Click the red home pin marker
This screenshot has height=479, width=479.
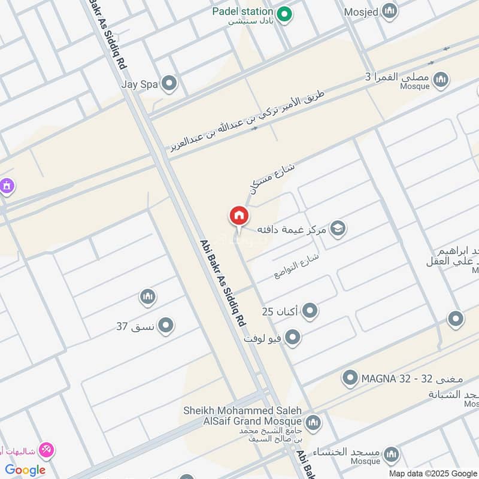(x=238, y=216)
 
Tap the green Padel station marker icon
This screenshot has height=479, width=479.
(x=286, y=13)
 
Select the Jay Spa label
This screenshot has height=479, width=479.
(x=139, y=84)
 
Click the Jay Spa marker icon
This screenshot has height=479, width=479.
(x=170, y=84)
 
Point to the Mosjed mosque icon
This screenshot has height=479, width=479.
(x=390, y=11)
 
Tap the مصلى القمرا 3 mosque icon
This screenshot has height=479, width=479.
(x=441, y=79)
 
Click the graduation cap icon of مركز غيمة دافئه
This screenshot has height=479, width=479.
(x=338, y=229)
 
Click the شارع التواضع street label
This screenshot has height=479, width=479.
(x=297, y=265)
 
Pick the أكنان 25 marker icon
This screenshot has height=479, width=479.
(x=310, y=311)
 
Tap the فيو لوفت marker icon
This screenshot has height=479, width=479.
(x=292, y=338)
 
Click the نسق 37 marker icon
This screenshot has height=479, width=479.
(x=166, y=326)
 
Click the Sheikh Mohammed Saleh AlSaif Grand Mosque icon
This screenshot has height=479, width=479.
(x=313, y=424)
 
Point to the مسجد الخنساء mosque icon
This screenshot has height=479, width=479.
(x=390, y=453)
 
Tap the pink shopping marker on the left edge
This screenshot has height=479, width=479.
(x=6, y=187)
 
